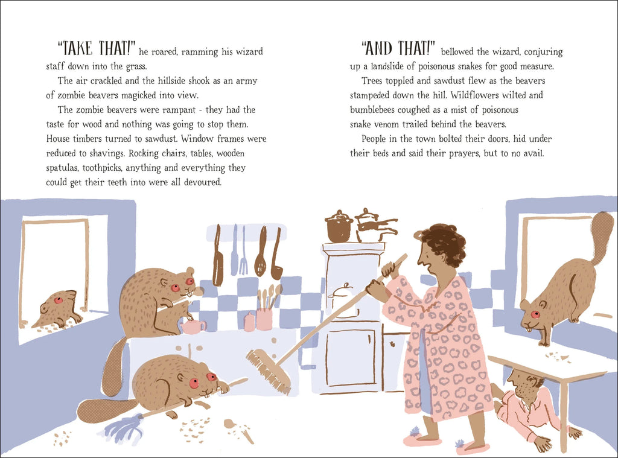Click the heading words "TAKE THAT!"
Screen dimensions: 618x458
[x=97, y=48]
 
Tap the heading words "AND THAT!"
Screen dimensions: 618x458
[x=398, y=48]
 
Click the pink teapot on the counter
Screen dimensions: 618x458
[x=193, y=326]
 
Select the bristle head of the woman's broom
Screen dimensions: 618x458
[x=269, y=371]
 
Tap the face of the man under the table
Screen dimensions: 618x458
[x=520, y=384]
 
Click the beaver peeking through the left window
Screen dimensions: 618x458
[x=57, y=310]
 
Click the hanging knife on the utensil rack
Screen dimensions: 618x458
[x=217, y=256]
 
